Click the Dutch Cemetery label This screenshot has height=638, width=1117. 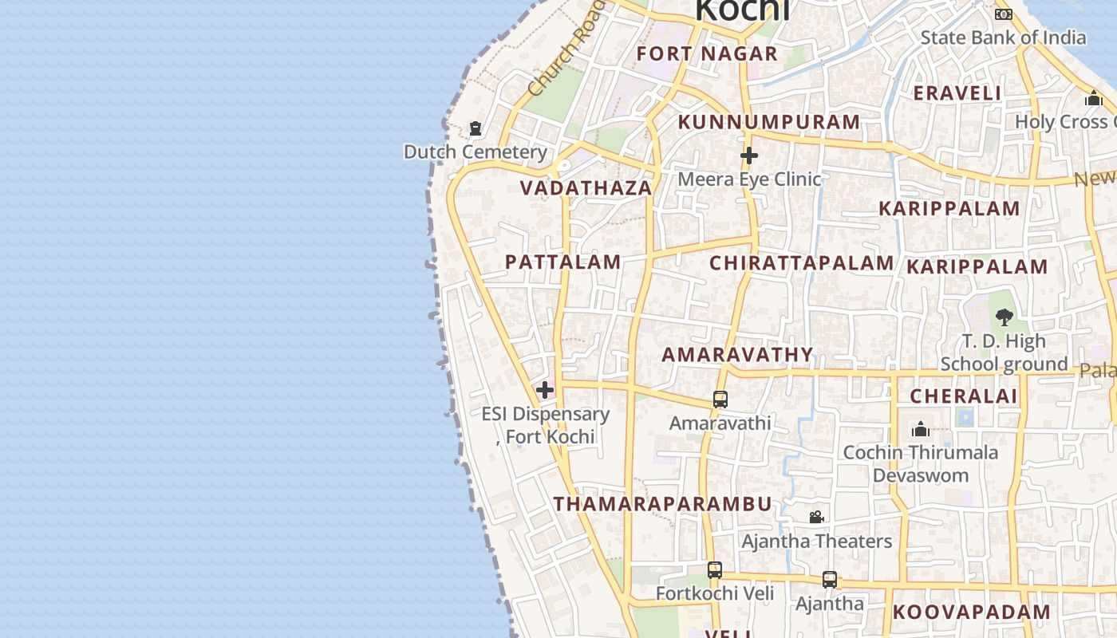(x=476, y=152)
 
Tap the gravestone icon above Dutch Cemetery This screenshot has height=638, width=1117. (x=476, y=128)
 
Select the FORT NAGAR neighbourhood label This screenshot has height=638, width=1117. (x=707, y=53)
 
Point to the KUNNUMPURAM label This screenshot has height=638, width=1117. (x=769, y=122)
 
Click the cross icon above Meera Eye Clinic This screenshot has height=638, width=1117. (x=748, y=156)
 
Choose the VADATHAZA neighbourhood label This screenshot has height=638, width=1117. (x=586, y=188)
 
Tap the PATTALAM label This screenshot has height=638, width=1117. (x=563, y=262)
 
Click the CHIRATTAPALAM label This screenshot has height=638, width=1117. (x=802, y=263)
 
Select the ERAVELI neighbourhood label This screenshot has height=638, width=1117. (x=957, y=93)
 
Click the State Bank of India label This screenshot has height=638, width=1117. (x=1003, y=37)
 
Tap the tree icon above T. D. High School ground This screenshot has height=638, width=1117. (x=1005, y=317)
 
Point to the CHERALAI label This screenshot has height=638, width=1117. (x=964, y=396)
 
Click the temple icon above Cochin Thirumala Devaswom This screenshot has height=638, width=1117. (x=921, y=430)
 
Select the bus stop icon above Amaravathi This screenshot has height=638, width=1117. (x=720, y=400)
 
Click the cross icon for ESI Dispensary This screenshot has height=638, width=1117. (x=545, y=390)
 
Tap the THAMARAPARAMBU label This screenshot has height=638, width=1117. (x=663, y=504)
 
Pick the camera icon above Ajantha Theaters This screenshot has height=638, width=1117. (x=816, y=518)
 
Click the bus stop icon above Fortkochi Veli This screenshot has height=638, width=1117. (x=715, y=570)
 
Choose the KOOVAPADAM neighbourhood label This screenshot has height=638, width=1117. (x=972, y=612)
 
